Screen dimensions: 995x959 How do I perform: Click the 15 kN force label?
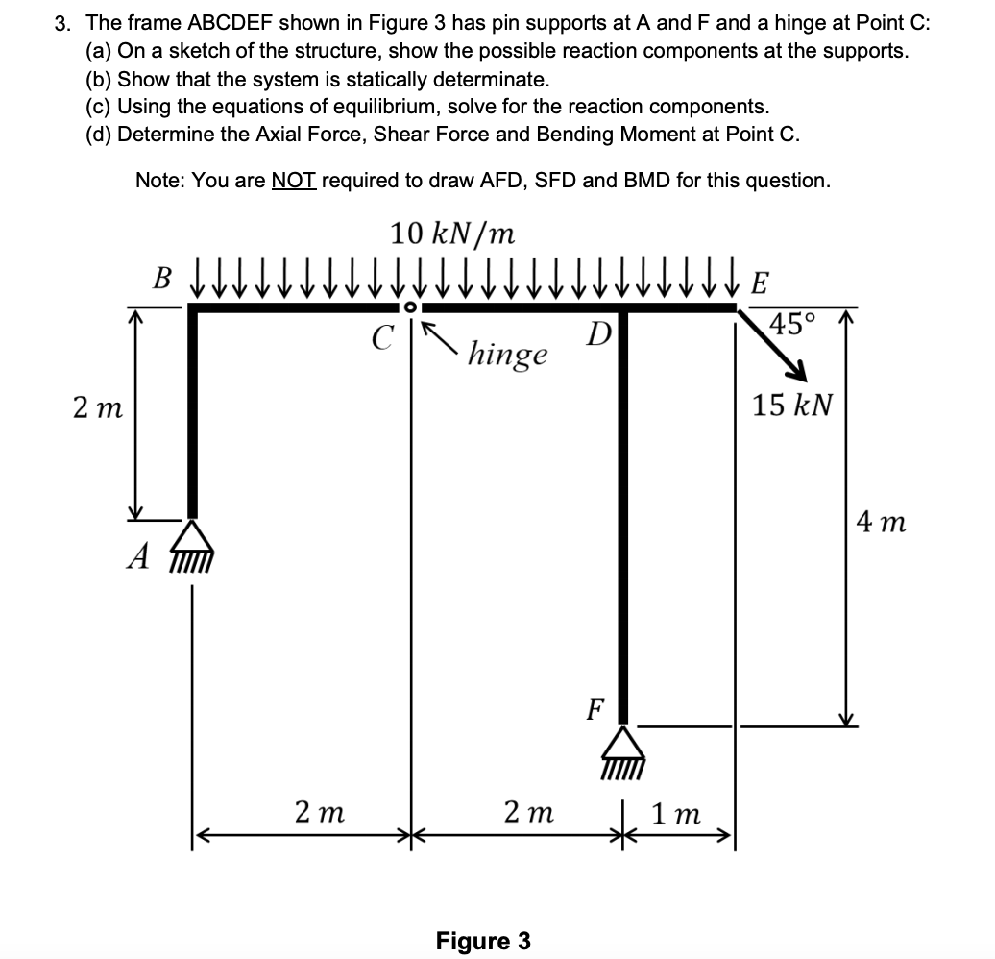point(791,405)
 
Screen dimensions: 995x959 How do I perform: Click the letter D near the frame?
point(598,336)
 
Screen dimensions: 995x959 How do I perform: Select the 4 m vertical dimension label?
point(882,524)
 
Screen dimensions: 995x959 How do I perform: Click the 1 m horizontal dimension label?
point(676,815)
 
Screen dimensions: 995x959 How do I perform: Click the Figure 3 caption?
point(483,940)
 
